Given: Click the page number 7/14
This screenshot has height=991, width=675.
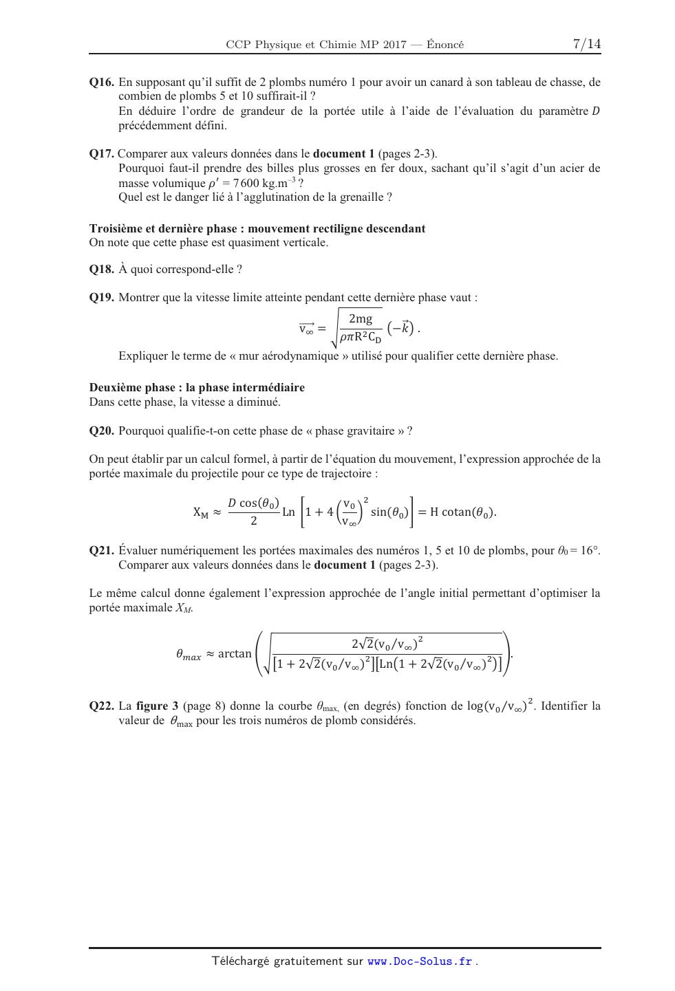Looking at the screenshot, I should (586, 44).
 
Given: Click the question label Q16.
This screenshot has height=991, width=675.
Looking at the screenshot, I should (101, 83).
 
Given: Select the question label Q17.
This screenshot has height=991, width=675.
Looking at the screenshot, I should (101, 154).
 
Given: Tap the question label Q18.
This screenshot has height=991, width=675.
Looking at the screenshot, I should (101, 270).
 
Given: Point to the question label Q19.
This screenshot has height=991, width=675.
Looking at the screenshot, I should (101, 298).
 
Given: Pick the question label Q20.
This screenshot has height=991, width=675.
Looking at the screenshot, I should (101, 431).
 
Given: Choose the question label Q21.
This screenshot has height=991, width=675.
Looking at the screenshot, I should (101, 551).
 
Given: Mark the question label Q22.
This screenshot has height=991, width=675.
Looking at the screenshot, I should (101, 706).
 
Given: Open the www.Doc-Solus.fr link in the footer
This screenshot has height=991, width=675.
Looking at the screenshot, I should (420, 961).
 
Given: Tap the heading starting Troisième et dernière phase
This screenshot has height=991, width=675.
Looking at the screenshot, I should (257, 229).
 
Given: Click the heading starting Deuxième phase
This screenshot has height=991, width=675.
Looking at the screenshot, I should (197, 388).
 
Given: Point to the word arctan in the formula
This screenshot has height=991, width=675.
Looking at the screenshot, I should (235, 653).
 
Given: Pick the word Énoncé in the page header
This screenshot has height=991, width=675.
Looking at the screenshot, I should (445, 45).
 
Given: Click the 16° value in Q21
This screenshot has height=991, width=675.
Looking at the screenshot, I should (590, 551).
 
